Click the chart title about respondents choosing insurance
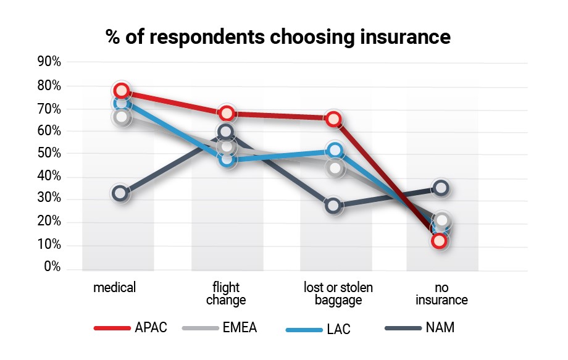coord(278,36)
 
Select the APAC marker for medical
coord(121,91)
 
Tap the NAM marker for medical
coord(120,193)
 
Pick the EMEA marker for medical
coord(122,117)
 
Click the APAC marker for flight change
coord(227,113)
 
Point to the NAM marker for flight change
coord(226,132)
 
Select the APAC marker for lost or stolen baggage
coord(334,119)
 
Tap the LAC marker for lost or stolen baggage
coord(335,149)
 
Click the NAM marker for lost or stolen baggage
coord(333,206)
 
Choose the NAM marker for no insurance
coord(440,188)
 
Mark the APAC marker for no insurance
coord(440,241)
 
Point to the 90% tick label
coord(49,62)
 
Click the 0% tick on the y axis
coord(52,267)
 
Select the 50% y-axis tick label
coord(49,154)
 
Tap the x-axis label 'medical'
coord(114,288)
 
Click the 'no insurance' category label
coord(441,295)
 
